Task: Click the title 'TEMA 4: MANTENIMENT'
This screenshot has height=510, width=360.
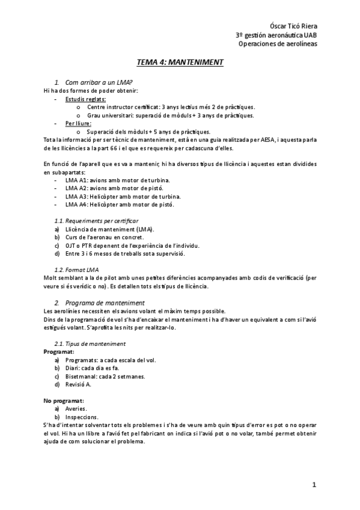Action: coord(180,62)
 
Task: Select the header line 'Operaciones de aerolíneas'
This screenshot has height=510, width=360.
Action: coord(278,43)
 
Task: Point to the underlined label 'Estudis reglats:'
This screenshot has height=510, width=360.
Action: coord(87,99)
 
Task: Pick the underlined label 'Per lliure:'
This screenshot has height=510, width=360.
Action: coord(78,123)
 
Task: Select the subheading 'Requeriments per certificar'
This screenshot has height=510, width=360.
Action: coord(96,221)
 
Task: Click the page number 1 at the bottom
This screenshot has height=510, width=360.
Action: coord(314,485)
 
